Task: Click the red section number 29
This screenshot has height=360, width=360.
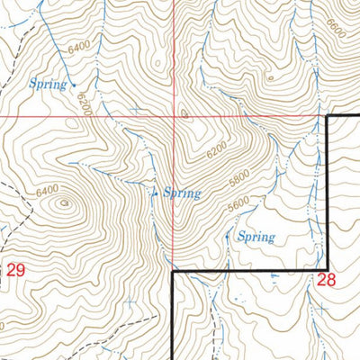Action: (x=16, y=269)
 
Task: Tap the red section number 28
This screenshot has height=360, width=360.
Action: (x=326, y=280)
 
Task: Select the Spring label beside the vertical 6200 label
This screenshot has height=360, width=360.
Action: (x=49, y=85)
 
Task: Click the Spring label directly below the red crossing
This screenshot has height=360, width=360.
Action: (x=181, y=193)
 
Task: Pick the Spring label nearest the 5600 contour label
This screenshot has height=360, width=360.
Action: (x=255, y=238)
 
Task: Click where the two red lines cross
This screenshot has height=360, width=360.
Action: (x=173, y=117)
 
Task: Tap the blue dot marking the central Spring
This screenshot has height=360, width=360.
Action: (x=155, y=193)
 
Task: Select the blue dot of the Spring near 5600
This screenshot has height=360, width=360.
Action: (x=227, y=239)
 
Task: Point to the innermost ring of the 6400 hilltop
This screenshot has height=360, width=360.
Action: (x=64, y=203)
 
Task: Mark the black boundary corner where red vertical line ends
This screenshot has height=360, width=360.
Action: (x=173, y=270)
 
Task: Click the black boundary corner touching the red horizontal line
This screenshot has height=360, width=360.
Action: (x=326, y=117)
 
